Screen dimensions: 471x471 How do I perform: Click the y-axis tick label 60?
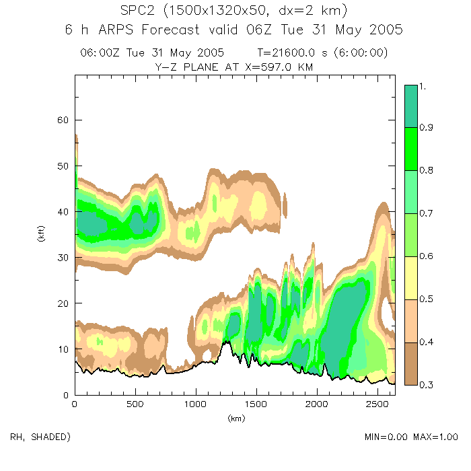point(63,120)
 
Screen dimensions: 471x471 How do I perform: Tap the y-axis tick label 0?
point(66,395)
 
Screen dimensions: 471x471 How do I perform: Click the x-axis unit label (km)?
point(235,419)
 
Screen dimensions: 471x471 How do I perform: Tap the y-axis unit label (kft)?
point(40,235)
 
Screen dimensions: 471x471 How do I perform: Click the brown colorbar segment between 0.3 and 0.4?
point(411,363)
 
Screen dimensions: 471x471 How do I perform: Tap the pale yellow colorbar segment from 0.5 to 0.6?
point(411,278)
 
